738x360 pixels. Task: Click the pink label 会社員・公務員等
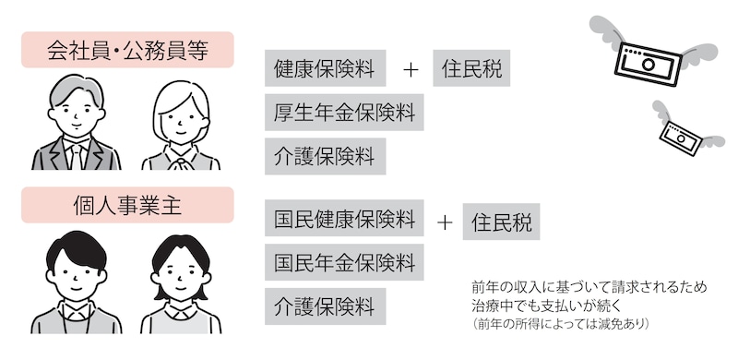tap(127, 50)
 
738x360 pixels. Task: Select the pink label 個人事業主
tap(127, 205)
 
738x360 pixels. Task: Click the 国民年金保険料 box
tap(344, 261)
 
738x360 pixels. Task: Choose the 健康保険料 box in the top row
tap(324, 69)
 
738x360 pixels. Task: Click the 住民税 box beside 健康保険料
tap(471, 69)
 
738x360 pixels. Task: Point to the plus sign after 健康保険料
tap(411, 70)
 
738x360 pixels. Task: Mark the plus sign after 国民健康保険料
tap(445, 222)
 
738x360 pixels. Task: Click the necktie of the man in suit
tap(76, 153)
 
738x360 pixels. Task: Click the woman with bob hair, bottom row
tap(181, 286)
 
